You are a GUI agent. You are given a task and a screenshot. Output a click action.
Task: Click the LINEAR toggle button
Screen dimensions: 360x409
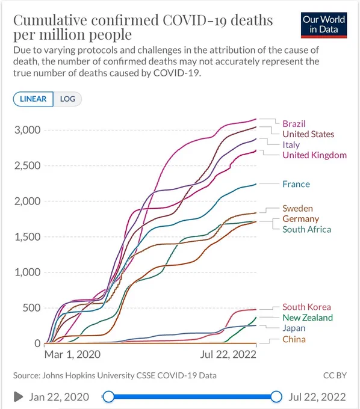pyautogui.click(x=33, y=99)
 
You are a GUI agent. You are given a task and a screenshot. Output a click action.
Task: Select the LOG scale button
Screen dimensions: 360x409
pyautogui.click(x=67, y=99)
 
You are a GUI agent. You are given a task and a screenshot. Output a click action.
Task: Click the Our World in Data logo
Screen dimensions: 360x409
pyautogui.click(x=324, y=25)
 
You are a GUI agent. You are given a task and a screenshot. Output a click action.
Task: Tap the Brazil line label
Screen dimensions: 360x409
pyautogui.click(x=294, y=124)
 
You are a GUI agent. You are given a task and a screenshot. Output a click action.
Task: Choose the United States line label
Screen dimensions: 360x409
pyautogui.click(x=308, y=134)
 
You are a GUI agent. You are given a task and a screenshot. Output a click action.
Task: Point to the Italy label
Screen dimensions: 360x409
pyautogui.click(x=291, y=145)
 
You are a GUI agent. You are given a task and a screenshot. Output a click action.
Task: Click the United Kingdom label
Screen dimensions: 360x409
pyautogui.click(x=315, y=155)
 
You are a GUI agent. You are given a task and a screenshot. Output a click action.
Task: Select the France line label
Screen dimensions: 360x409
pyautogui.click(x=296, y=184)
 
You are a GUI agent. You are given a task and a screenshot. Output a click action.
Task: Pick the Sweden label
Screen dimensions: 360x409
pyautogui.click(x=297, y=209)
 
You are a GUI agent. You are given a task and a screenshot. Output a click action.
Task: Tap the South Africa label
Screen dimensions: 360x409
pyautogui.click(x=307, y=229)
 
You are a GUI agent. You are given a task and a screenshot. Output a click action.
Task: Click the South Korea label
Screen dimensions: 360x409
pyautogui.click(x=307, y=307)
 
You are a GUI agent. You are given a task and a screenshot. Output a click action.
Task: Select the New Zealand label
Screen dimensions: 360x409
pyautogui.click(x=308, y=318)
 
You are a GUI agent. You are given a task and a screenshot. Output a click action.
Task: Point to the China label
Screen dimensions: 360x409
pyautogui.click(x=294, y=339)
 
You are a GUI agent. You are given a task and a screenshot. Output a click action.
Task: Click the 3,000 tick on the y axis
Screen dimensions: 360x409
pyautogui.click(x=28, y=130)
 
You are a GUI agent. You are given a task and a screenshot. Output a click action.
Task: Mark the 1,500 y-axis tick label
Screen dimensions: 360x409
pyautogui.click(x=28, y=237)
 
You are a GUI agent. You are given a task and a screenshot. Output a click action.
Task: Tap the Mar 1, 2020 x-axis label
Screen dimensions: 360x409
pyautogui.click(x=72, y=354)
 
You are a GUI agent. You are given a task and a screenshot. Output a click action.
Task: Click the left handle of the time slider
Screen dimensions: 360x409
pyautogui.click(x=108, y=397)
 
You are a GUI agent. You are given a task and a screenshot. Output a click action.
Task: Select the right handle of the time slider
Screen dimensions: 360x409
pyautogui.click(x=276, y=397)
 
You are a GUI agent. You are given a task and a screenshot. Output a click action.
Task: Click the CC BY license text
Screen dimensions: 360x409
pyautogui.click(x=335, y=375)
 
